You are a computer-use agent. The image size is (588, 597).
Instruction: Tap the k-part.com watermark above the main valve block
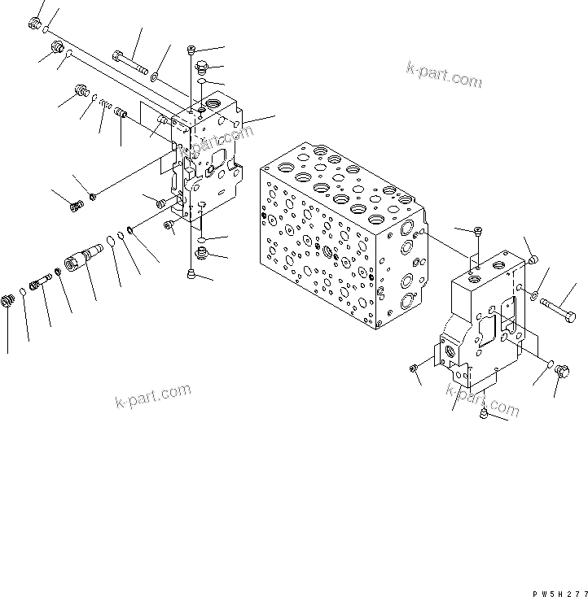444,75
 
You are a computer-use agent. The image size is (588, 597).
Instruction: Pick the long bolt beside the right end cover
557,307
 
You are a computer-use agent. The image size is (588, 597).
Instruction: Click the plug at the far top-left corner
35,24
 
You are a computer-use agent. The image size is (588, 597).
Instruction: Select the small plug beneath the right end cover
484,416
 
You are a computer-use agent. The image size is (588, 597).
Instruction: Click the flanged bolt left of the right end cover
415,371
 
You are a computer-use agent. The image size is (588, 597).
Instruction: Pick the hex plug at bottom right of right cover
561,372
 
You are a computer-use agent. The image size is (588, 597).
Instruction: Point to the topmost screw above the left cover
192,50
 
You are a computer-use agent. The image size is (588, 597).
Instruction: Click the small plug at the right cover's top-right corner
531,259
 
